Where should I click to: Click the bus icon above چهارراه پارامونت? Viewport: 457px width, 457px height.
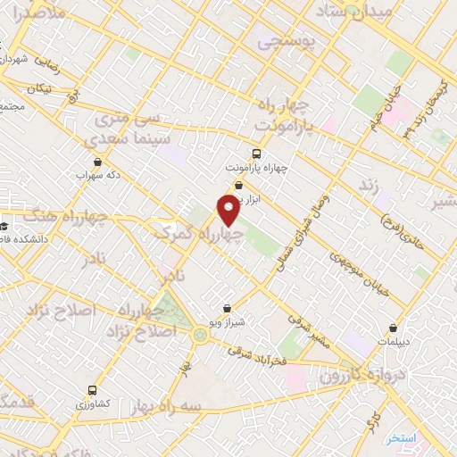click(x=257, y=153)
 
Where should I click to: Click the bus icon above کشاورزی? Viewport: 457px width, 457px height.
click(x=94, y=391)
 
